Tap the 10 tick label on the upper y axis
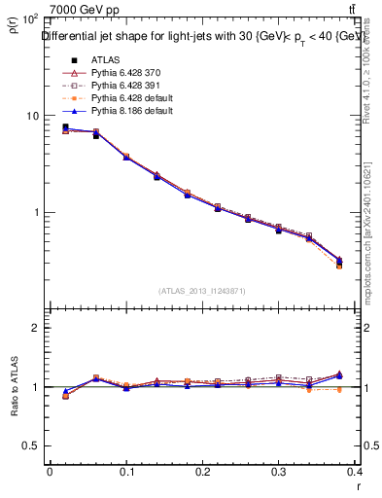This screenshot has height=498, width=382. tap(31, 116)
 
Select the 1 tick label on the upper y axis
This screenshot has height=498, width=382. tap(35, 212)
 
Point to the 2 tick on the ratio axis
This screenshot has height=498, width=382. tap(35, 328)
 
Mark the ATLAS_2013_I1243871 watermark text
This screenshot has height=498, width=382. tap(202, 291)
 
